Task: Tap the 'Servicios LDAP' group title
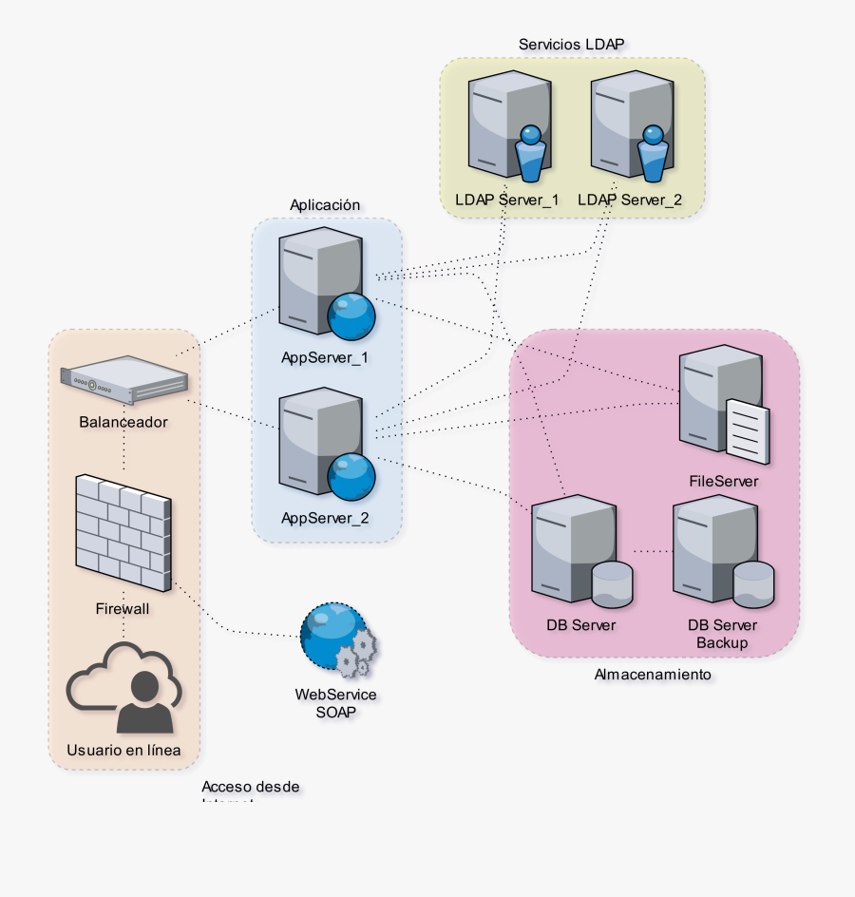click(x=572, y=44)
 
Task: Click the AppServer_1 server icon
click(x=313, y=276)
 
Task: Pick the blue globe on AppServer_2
click(x=350, y=477)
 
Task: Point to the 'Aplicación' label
click(x=325, y=204)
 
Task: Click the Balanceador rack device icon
click(x=123, y=378)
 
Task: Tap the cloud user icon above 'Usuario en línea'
click(x=123, y=688)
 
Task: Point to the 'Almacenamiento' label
click(x=652, y=674)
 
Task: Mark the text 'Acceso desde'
click(x=251, y=787)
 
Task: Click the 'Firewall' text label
click(x=123, y=608)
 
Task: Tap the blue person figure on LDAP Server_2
click(x=653, y=154)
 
